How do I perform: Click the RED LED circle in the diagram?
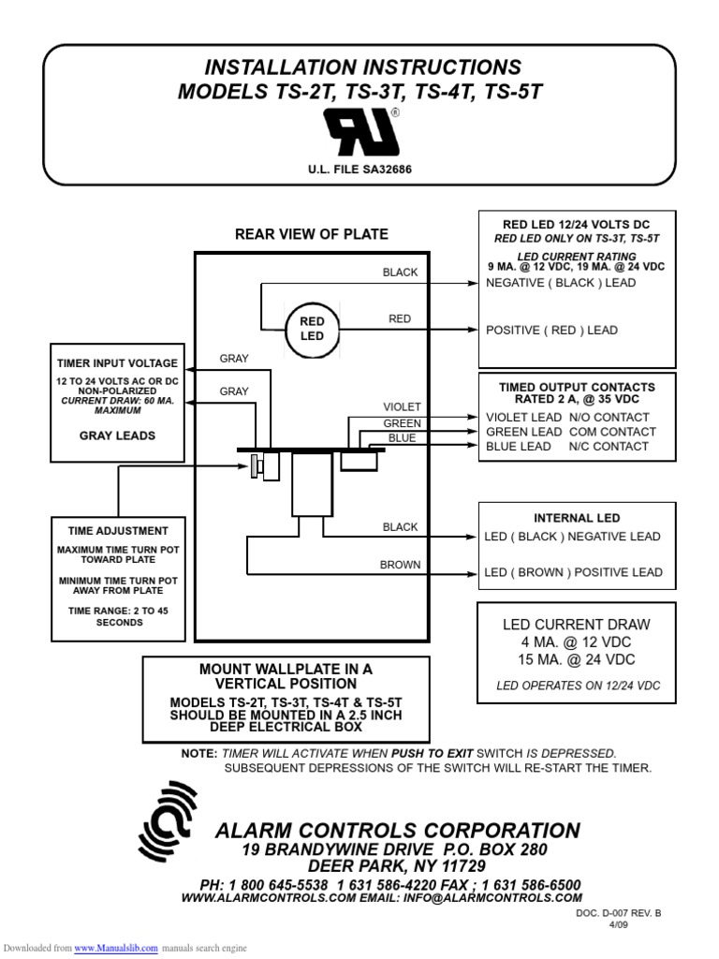312,329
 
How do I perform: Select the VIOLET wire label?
402,407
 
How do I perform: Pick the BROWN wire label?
400,565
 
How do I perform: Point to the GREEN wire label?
402,423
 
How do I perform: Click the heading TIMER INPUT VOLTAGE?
117,363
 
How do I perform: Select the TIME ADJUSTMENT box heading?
117,531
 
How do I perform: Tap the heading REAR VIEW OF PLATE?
311,234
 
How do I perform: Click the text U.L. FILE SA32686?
360,171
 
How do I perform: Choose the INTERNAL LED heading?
577,518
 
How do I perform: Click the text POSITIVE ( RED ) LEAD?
551,330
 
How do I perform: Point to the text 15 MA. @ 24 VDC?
577,660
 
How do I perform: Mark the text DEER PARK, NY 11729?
397,866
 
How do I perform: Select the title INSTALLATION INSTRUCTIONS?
362,67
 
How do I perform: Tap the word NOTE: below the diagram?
199,754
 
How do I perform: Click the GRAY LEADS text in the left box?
117,435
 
